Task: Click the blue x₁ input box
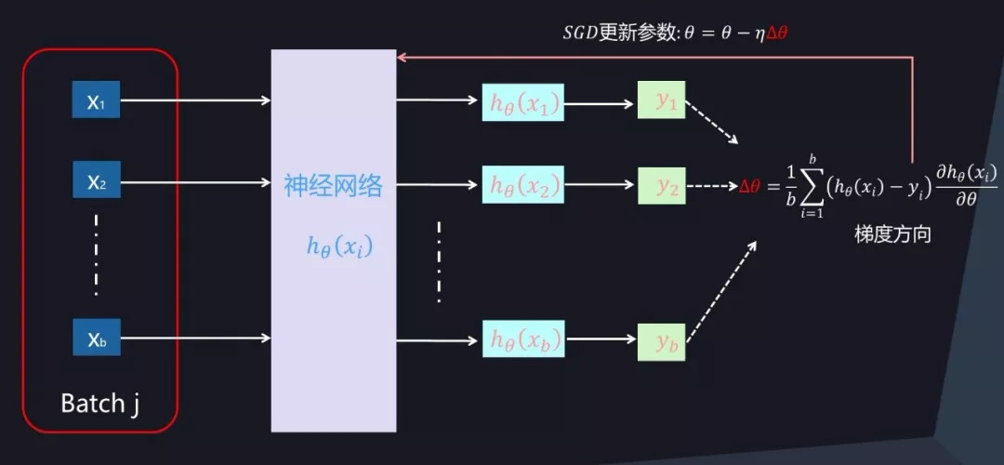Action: (x=97, y=100)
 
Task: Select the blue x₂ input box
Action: (x=97, y=179)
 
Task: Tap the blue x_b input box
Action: (x=97, y=339)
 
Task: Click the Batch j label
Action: (x=99, y=404)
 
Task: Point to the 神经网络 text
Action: (x=333, y=186)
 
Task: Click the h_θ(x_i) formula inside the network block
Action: (x=339, y=246)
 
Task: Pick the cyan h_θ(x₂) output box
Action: (x=523, y=186)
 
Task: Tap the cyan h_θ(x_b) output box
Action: (x=523, y=339)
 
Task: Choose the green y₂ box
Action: (x=661, y=186)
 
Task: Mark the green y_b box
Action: (x=661, y=342)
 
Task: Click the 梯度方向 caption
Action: (x=892, y=235)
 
